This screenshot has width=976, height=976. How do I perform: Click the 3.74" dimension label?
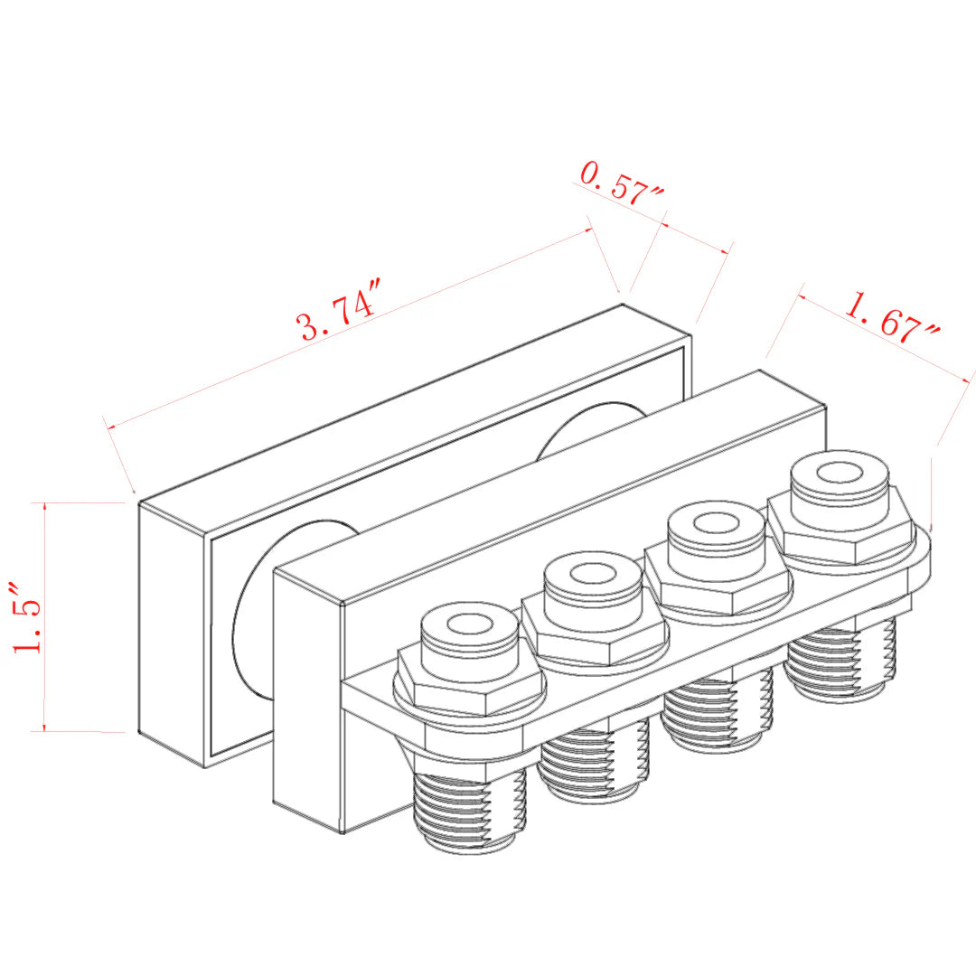pyautogui.click(x=338, y=313)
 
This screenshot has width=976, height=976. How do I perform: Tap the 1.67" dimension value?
pyautogui.click(x=891, y=318)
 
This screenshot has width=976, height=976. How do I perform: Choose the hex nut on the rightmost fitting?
pyautogui.click(x=840, y=533)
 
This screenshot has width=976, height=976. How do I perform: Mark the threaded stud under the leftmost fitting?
pyautogui.click(x=469, y=809)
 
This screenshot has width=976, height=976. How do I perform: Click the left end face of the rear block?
pyautogui.click(x=172, y=633)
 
